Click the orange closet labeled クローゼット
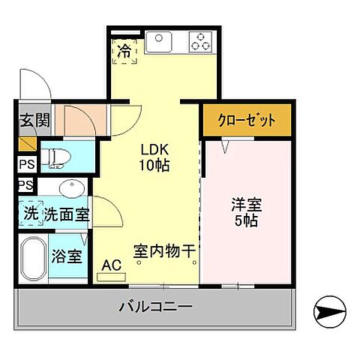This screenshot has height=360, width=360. point(247,120)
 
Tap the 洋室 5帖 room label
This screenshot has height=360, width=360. point(247,212)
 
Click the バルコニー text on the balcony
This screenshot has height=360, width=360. point(156,307)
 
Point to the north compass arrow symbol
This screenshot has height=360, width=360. point(329,308)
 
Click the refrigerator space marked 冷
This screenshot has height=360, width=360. point(124,52)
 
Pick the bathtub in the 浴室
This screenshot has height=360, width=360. point(32,259)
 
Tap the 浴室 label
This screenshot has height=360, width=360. point(65,256)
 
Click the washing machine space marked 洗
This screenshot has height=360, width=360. point(31,213)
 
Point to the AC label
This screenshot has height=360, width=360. point(111,264)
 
